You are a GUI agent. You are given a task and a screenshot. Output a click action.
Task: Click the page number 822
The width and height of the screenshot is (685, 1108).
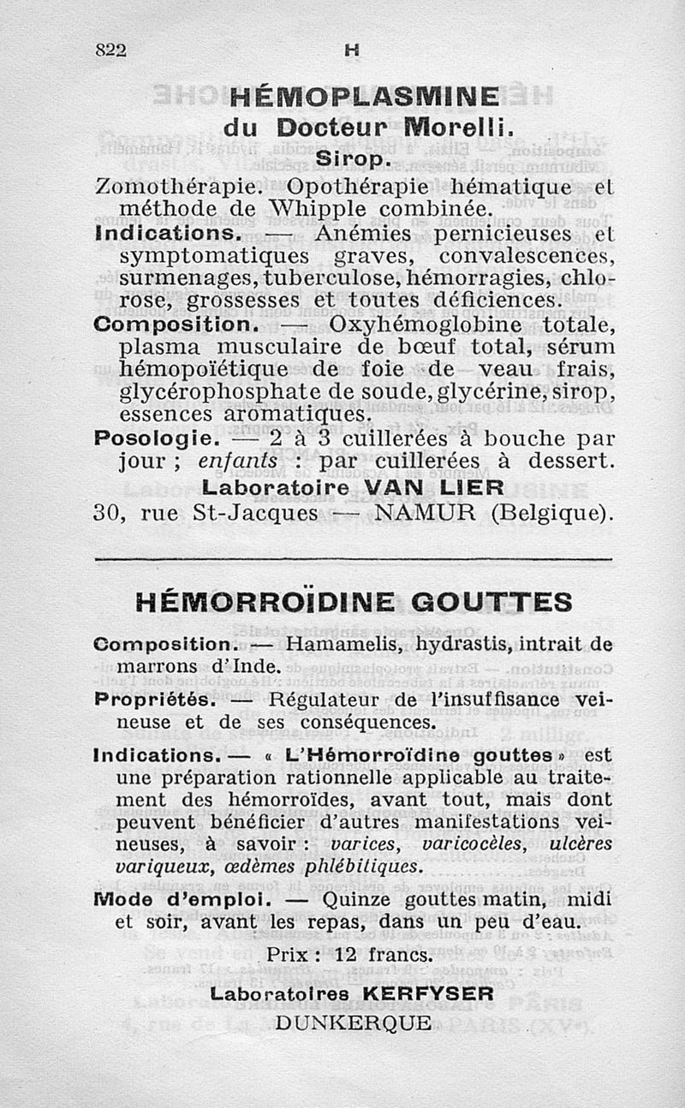click(110, 51)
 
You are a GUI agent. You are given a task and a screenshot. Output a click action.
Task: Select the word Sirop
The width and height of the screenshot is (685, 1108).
click(353, 159)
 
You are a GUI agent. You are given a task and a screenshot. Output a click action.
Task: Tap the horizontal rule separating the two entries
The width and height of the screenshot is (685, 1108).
click(354, 561)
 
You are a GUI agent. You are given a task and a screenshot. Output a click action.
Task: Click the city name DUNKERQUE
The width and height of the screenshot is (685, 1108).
click(353, 1022)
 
